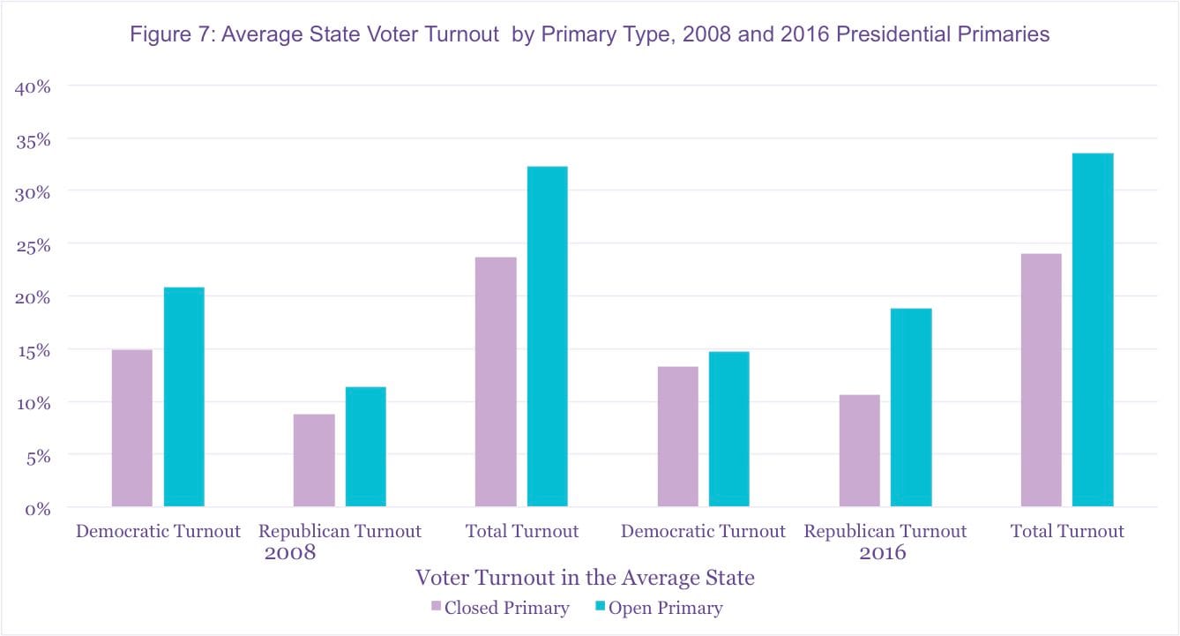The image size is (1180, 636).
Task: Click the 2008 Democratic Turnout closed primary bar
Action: pyautogui.click(x=131, y=428)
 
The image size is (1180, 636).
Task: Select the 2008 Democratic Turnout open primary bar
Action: pyautogui.click(x=183, y=397)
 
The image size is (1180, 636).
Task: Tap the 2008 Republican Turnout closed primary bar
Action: pyautogui.click(x=314, y=460)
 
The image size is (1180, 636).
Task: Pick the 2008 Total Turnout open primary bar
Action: pyautogui.click(x=547, y=336)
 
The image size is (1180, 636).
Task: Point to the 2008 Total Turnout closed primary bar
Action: pyautogui.click(x=496, y=381)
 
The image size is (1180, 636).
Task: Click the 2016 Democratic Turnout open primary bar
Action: pyautogui.click(x=728, y=429)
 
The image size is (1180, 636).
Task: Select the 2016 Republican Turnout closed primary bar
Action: pyautogui.click(x=859, y=450)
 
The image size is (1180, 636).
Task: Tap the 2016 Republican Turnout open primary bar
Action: pyautogui.click(x=911, y=407)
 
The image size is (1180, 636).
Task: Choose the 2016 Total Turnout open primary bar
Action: pyautogui.click(x=1093, y=330)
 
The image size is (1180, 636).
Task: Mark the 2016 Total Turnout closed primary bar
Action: pyautogui.click(x=1041, y=380)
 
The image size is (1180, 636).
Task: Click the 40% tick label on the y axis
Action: pyautogui.click(x=34, y=86)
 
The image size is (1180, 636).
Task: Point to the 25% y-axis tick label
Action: pyautogui.click(x=34, y=244)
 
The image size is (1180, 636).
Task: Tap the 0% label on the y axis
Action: pyautogui.click(x=38, y=508)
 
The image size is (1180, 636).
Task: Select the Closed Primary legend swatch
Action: pyautogui.click(x=436, y=606)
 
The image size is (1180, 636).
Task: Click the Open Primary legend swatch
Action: pyautogui.click(x=600, y=606)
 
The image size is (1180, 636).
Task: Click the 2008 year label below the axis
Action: pyautogui.click(x=290, y=554)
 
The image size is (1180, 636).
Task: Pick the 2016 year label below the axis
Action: pyautogui.click(x=882, y=554)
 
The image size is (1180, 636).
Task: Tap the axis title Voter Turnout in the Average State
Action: pyautogui.click(x=585, y=578)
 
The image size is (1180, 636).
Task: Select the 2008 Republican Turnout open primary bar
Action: pyautogui.click(x=365, y=446)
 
